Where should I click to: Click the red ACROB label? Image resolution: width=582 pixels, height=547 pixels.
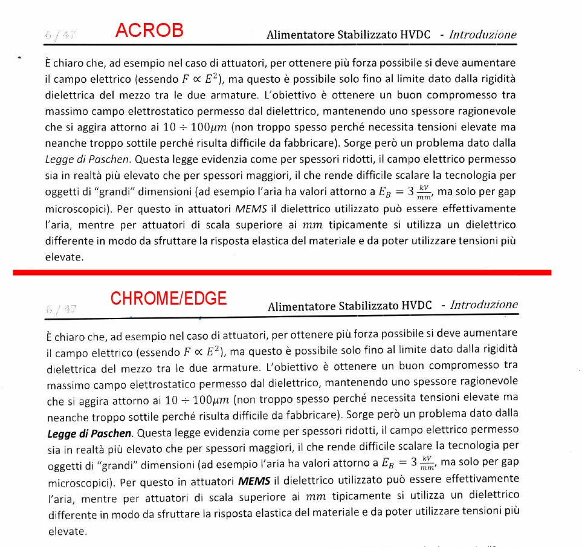tap(149, 30)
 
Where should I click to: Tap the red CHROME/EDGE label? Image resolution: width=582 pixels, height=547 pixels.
tap(168, 298)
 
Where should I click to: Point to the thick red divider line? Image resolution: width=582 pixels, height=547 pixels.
tap(282, 273)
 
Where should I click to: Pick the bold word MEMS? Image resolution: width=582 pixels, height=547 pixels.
tap(254, 482)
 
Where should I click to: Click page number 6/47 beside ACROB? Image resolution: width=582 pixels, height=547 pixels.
tap(60, 34)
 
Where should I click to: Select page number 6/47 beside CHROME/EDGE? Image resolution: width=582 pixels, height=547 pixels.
tap(61, 309)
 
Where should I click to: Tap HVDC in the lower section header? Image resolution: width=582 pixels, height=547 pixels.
tap(416, 305)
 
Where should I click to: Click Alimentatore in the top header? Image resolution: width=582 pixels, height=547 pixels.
tap(300, 35)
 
